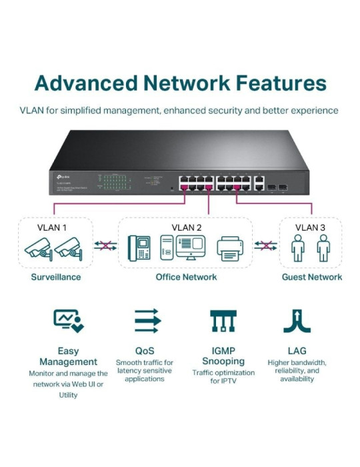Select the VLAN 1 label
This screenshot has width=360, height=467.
[x=51, y=227]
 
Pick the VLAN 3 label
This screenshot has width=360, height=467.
[x=310, y=227]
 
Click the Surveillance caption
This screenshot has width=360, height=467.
[x=56, y=277]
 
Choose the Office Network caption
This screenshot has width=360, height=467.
[x=186, y=277]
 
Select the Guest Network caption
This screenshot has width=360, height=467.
[x=311, y=277]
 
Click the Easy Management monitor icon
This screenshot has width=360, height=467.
[x=68, y=322]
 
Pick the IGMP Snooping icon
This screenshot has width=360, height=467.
[x=223, y=322]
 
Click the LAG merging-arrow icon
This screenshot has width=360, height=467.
[x=297, y=322]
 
